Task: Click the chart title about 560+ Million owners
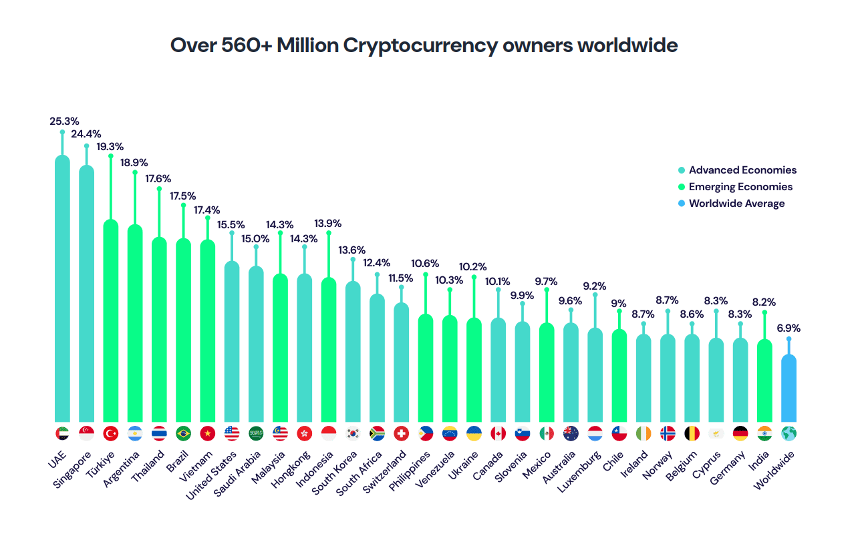point(424,45)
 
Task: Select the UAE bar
point(62,287)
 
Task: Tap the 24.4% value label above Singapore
point(86,133)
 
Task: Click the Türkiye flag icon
point(111,433)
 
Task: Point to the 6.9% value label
point(788,328)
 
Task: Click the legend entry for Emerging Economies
point(740,187)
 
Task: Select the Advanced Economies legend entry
point(742,170)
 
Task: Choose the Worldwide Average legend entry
point(736,204)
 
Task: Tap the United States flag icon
point(232,433)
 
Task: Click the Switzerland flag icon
point(402,433)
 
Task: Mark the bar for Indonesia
point(329,347)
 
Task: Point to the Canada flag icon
point(498,433)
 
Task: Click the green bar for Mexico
point(547,370)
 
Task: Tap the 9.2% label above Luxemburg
point(595,286)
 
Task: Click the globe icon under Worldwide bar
point(789,433)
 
